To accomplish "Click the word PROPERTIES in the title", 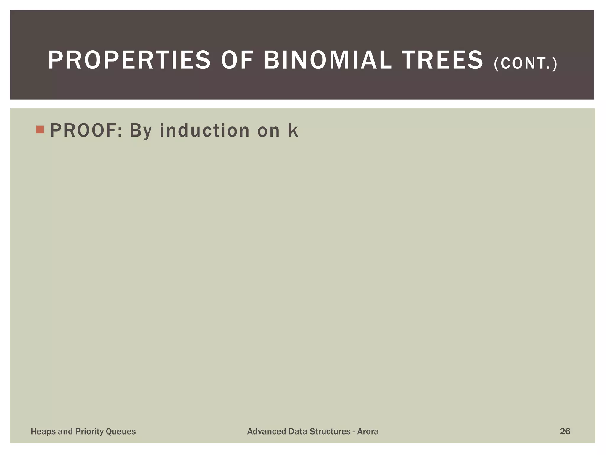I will (x=129, y=60).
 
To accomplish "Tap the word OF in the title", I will (x=237, y=60).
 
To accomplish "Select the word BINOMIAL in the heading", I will (x=328, y=60).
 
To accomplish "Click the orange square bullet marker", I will (x=40, y=129).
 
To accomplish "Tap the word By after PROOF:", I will (x=141, y=131).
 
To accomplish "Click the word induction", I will (x=204, y=131).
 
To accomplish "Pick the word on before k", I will (x=269, y=131).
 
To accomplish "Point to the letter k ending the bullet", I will (x=293, y=131).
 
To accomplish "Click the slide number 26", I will (x=565, y=431).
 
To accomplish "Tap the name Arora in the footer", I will (x=368, y=431).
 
